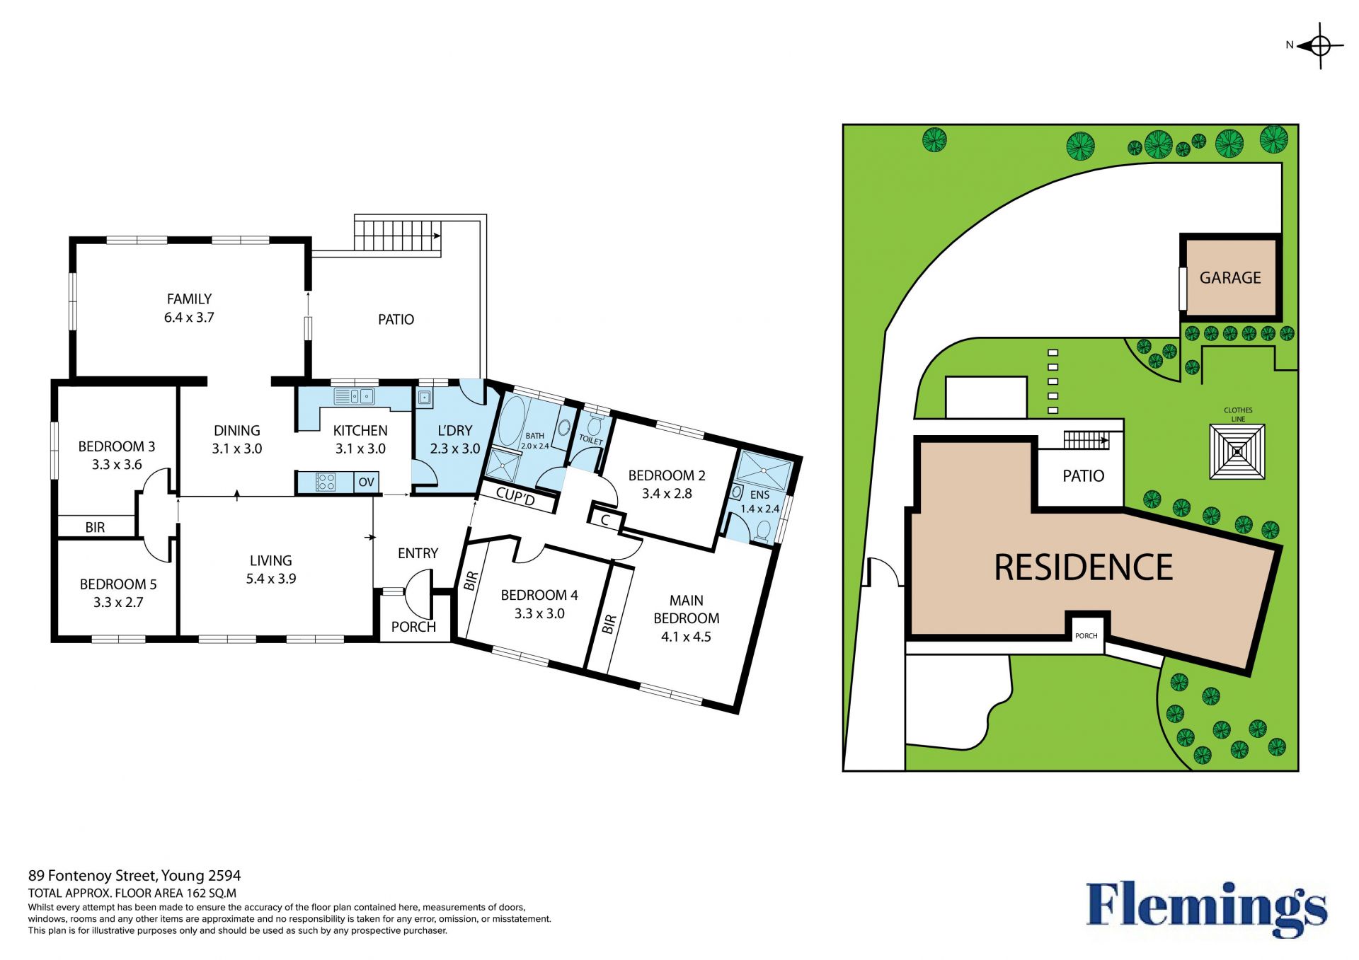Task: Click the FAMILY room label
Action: [189, 299]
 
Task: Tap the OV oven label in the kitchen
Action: [366, 482]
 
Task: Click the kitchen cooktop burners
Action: [326, 482]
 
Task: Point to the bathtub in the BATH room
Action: [511, 420]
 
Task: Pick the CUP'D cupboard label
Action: [515, 497]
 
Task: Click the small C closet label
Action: [605, 521]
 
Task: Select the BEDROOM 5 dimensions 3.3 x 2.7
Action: [118, 603]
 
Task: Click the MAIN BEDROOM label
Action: [687, 609]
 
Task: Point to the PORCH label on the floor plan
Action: [413, 627]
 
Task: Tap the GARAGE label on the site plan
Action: [1230, 278]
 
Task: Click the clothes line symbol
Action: [1237, 451]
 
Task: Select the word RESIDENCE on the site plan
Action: [1084, 567]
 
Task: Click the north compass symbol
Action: [1320, 46]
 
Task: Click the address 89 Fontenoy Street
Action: [91, 877]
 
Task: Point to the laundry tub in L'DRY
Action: [424, 398]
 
